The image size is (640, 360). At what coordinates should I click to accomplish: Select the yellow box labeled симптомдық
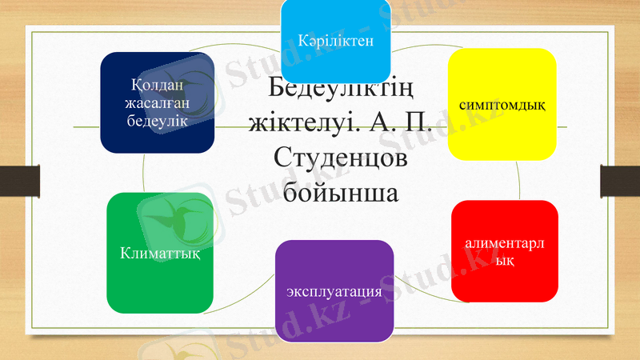(502, 104)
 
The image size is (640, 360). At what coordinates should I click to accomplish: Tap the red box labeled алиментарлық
(504, 250)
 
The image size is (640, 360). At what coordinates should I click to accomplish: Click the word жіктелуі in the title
(300, 124)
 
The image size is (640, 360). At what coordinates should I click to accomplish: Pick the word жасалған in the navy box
(156, 103)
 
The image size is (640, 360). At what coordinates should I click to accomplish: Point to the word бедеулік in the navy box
(156, 120)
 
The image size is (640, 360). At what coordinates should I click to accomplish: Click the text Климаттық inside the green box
(160, 254)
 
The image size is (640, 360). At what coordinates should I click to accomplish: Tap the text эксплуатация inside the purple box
(334, 292)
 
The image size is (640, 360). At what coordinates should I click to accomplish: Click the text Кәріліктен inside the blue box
(334, 38)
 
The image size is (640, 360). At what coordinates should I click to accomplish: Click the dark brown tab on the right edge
(620, 179)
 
